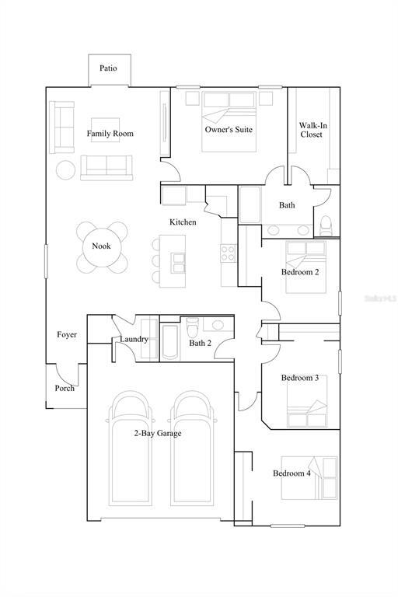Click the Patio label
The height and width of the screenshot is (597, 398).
coord(108,68)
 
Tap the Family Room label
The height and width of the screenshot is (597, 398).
coord(110,133)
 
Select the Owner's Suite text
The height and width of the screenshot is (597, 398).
coord(229,130)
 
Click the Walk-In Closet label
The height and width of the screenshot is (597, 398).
coord(312,130)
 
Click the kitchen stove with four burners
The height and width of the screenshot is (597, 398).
coord(228,253)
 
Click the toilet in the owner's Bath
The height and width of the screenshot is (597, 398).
coord(326,226)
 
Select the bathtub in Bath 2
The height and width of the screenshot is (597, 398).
coord(170,342)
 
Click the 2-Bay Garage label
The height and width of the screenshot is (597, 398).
coord(158,433)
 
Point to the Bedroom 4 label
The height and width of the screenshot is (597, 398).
coord(292,473)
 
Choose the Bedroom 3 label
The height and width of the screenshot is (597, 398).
coord(300,378)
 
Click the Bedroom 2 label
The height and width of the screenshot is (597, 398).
coord(300,272)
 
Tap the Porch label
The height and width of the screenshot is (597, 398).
coord(65,389)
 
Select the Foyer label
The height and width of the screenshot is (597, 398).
coord(67,335)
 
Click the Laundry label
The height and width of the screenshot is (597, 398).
coord(134,339)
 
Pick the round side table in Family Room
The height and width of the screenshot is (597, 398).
coord(66,169)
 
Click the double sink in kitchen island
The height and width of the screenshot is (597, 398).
coord(179,263)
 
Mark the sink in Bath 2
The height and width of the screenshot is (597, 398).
coord(218,325)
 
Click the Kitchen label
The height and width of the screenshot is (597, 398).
coord(183,222)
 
